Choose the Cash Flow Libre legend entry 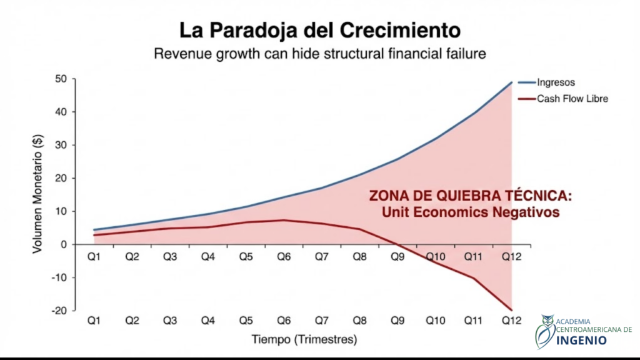click(572, 99)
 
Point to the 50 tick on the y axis click(61, 79)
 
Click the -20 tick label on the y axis click(59, 311)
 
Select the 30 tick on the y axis click(61, 145)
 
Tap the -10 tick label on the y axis click(59, 277)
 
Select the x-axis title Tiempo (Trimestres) click(304, 341)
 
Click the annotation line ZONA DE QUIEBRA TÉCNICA click(470, 196)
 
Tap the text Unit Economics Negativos click(470, 212)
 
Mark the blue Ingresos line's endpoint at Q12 click(512, 82)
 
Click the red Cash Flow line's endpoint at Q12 click(512, 310)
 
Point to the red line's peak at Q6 click(284, 220)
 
